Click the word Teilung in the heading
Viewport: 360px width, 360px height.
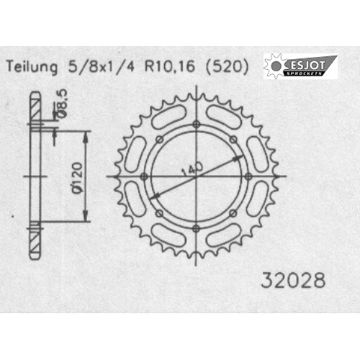(x=32, y=67)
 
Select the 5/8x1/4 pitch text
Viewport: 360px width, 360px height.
(x=102, y=66)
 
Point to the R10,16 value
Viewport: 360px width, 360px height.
(x=169, y=66)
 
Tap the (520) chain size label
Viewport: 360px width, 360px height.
(x=227, y=66)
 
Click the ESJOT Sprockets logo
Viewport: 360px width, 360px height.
(x=300, y=66)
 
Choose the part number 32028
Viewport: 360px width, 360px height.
(x=293, y=280)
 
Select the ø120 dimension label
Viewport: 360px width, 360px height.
(x=78, y=178)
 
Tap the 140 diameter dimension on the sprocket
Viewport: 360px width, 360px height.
(x=192, y=168)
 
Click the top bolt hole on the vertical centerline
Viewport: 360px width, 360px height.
(x=197, y=125)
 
